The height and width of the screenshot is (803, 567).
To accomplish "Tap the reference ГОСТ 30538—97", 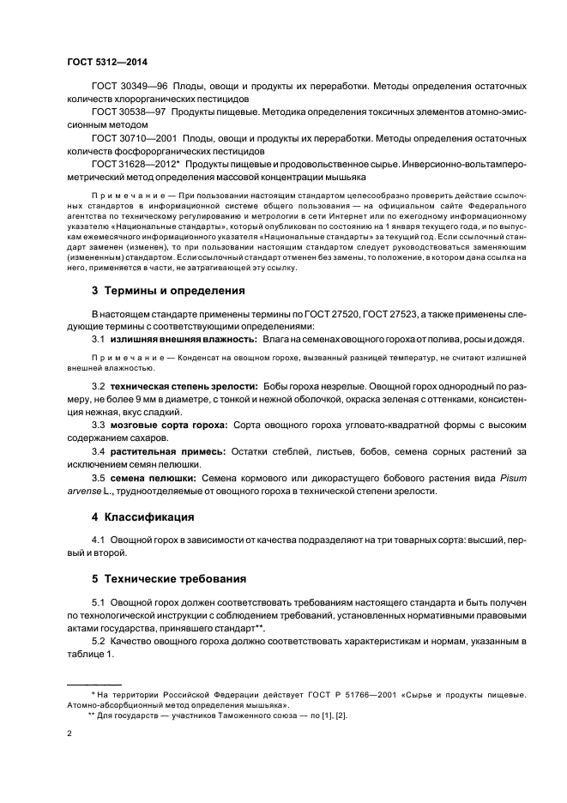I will point(129,112).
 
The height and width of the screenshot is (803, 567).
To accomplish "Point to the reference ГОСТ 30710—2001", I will point(134,137).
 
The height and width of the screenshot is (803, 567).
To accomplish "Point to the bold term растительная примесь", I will point(167,450).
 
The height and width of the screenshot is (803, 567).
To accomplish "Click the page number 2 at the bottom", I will point(69,734).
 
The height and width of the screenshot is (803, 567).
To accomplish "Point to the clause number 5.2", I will point(99,642).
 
